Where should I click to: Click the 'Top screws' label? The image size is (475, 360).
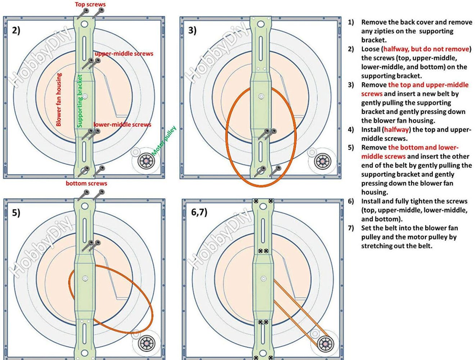[90, 4]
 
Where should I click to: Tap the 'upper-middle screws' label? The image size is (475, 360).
[124, 54]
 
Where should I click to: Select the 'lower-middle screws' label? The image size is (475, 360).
[122, 124]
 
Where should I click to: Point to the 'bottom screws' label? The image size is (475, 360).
[86, 183]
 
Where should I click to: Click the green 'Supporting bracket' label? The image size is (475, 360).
[80, 101]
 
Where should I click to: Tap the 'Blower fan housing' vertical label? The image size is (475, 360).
[59, 100]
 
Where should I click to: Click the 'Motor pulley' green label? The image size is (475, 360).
[164, 141]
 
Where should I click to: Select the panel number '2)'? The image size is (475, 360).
[16, 30]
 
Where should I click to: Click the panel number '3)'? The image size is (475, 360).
[193, 30]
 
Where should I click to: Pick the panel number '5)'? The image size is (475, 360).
[16, 213]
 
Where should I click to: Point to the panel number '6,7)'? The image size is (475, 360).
[199, 212]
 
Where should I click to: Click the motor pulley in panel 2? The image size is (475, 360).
[146, 161]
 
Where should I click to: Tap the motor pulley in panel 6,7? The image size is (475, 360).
[325, 343]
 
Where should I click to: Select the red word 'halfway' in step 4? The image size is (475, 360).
[396, 129]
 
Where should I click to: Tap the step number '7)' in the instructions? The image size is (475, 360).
[350, 228]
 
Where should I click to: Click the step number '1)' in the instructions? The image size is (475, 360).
[350, 22]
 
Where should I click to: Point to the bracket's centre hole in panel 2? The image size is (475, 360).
[85, 96]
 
